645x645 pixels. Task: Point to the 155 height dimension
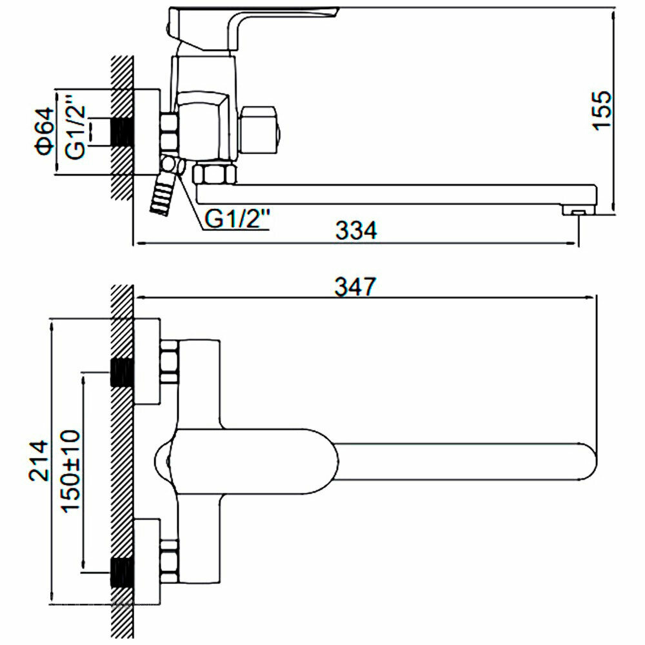pos(601,110)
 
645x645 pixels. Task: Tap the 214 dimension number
pos(39,461)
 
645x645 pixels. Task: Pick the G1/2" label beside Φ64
pos(75,134)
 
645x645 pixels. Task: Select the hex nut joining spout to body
pos(215,174)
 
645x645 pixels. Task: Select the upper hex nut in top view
pos(169,363)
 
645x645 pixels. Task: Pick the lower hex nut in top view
pos(169,559)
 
